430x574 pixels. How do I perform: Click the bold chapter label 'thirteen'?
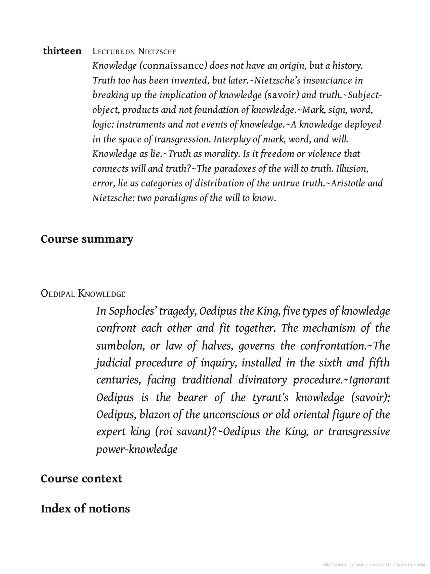coord(62,51)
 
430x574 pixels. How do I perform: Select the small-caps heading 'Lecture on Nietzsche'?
coord(134,51)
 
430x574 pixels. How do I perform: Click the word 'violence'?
coord(324,154)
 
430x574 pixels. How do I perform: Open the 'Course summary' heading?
coord(87,239)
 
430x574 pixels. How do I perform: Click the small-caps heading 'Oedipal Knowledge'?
coord(83,294)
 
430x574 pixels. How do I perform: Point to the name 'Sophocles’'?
coord(134,311)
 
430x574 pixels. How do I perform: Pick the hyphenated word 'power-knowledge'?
coord(137,449)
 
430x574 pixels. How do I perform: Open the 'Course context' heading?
coord(81,479)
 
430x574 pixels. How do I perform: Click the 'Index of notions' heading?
coord(85,509)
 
